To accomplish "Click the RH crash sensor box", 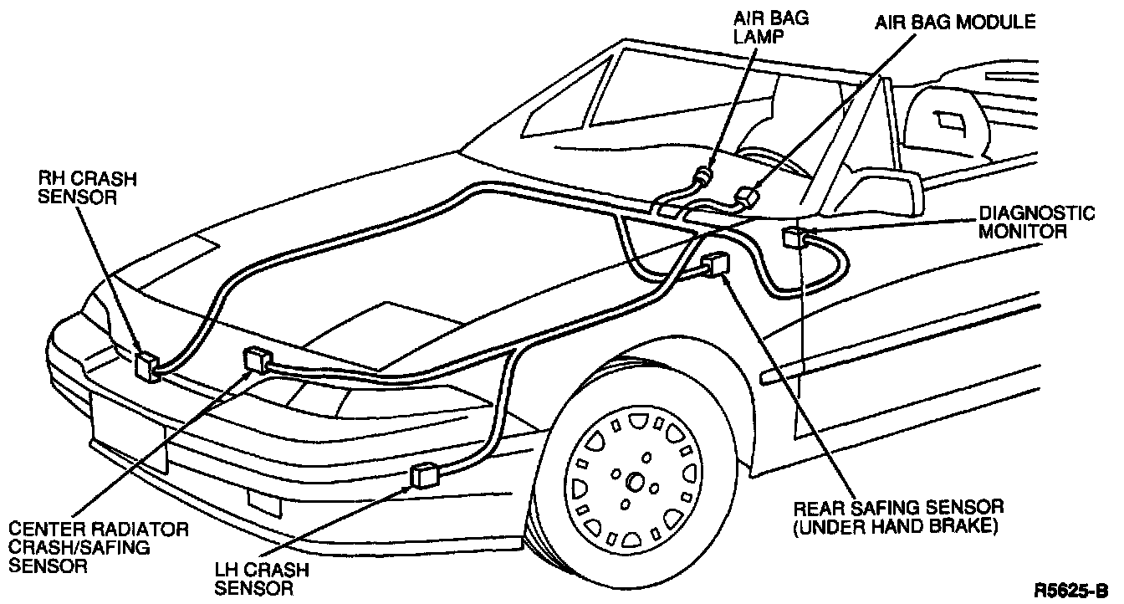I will [147, 365].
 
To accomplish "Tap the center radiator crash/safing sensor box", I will [257, 360].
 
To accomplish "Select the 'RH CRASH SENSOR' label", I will [78, 187].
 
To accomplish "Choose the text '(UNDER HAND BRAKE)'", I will [899, 527].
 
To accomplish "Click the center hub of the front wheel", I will [634, 482].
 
